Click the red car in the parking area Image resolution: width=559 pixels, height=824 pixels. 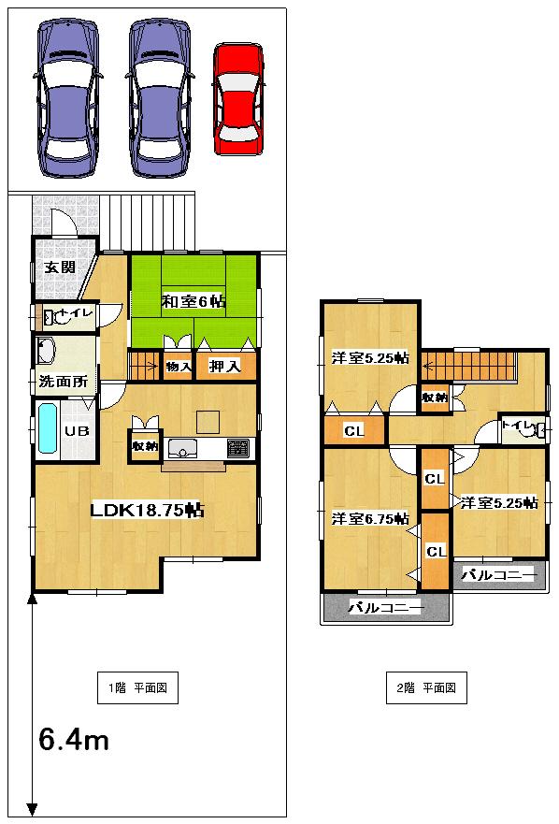click(x=240, y=98)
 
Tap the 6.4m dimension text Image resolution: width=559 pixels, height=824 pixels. click(x=74, y=741)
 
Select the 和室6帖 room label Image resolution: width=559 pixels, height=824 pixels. click(x=193, y=301)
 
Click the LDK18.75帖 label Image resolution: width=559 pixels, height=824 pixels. click(x=148, y=510)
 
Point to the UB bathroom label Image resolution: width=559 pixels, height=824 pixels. click(x=76, y=431)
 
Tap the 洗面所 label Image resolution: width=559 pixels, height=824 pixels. click(x=64, y=382)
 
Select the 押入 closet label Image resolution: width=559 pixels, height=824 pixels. click(x=225, y=366)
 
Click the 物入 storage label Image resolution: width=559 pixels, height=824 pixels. click(x=179, y=366)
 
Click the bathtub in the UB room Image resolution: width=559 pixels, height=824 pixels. click(x=48, y=429)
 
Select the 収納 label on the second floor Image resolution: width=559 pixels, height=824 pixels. click(x=435, y=398)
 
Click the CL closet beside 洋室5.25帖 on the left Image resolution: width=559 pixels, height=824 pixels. click(x=353, y=431)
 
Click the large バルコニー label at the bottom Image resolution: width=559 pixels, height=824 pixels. click(x=386, y=608)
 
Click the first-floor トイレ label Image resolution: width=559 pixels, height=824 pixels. click(x=74, y=314)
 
